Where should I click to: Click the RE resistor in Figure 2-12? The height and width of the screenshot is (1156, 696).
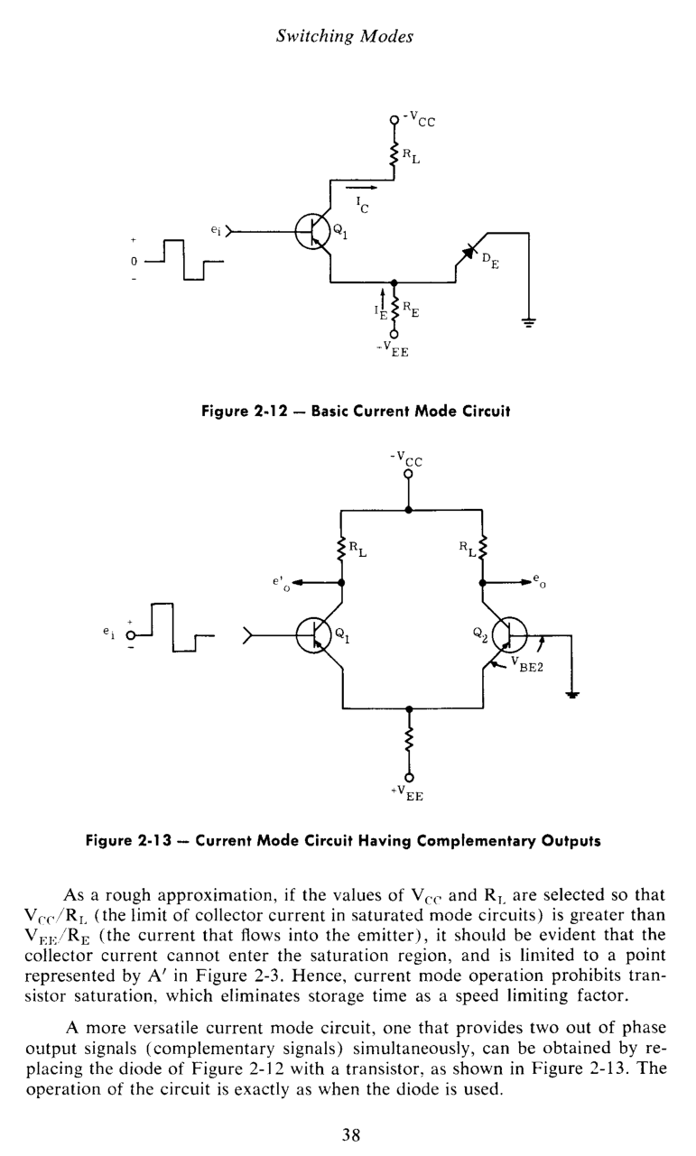(393, 310)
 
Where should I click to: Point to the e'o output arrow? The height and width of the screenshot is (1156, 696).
(312, 582)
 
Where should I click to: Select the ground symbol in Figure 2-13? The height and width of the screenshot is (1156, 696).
(571, 693)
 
